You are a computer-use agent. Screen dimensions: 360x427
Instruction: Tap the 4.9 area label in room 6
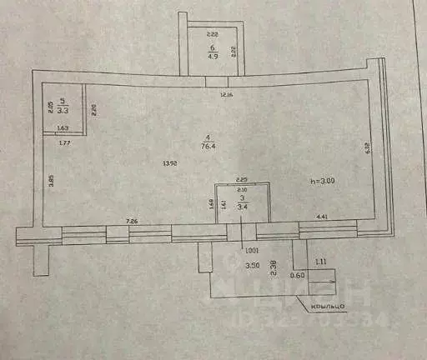click(212, 58)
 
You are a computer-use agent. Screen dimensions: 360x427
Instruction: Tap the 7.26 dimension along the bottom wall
click(131, 221)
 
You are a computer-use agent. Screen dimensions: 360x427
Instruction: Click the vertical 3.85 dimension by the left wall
click(51, 178)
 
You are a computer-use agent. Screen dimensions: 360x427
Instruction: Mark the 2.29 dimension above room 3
click(242, 179)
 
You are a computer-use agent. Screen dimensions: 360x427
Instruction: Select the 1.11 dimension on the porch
click(322, 262)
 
